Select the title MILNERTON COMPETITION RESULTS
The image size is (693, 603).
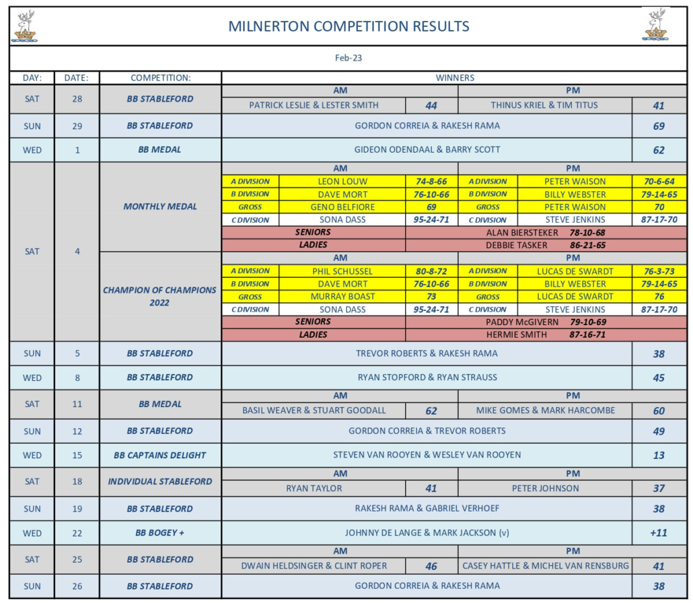point(349,27)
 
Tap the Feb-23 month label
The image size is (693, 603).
point(349,58)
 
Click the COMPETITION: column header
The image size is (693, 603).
point(161,77)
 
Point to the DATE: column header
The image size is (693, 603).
point(77,77)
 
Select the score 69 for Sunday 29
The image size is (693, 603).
point(659,126)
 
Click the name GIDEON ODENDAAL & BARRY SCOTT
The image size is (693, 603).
point(427,149)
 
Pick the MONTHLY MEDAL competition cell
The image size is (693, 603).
point(160,207)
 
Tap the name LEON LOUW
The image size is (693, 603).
point(342,181)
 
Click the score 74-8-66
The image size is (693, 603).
point(432,181)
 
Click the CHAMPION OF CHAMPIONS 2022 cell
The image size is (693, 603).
point(160,296)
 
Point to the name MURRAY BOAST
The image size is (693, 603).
point(342,296)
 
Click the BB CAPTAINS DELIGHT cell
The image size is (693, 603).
point(160,455)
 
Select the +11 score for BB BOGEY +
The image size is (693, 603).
point(659,532)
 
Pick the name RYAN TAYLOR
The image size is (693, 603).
point(314,488)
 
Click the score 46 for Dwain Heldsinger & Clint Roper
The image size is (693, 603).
point(432,566)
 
